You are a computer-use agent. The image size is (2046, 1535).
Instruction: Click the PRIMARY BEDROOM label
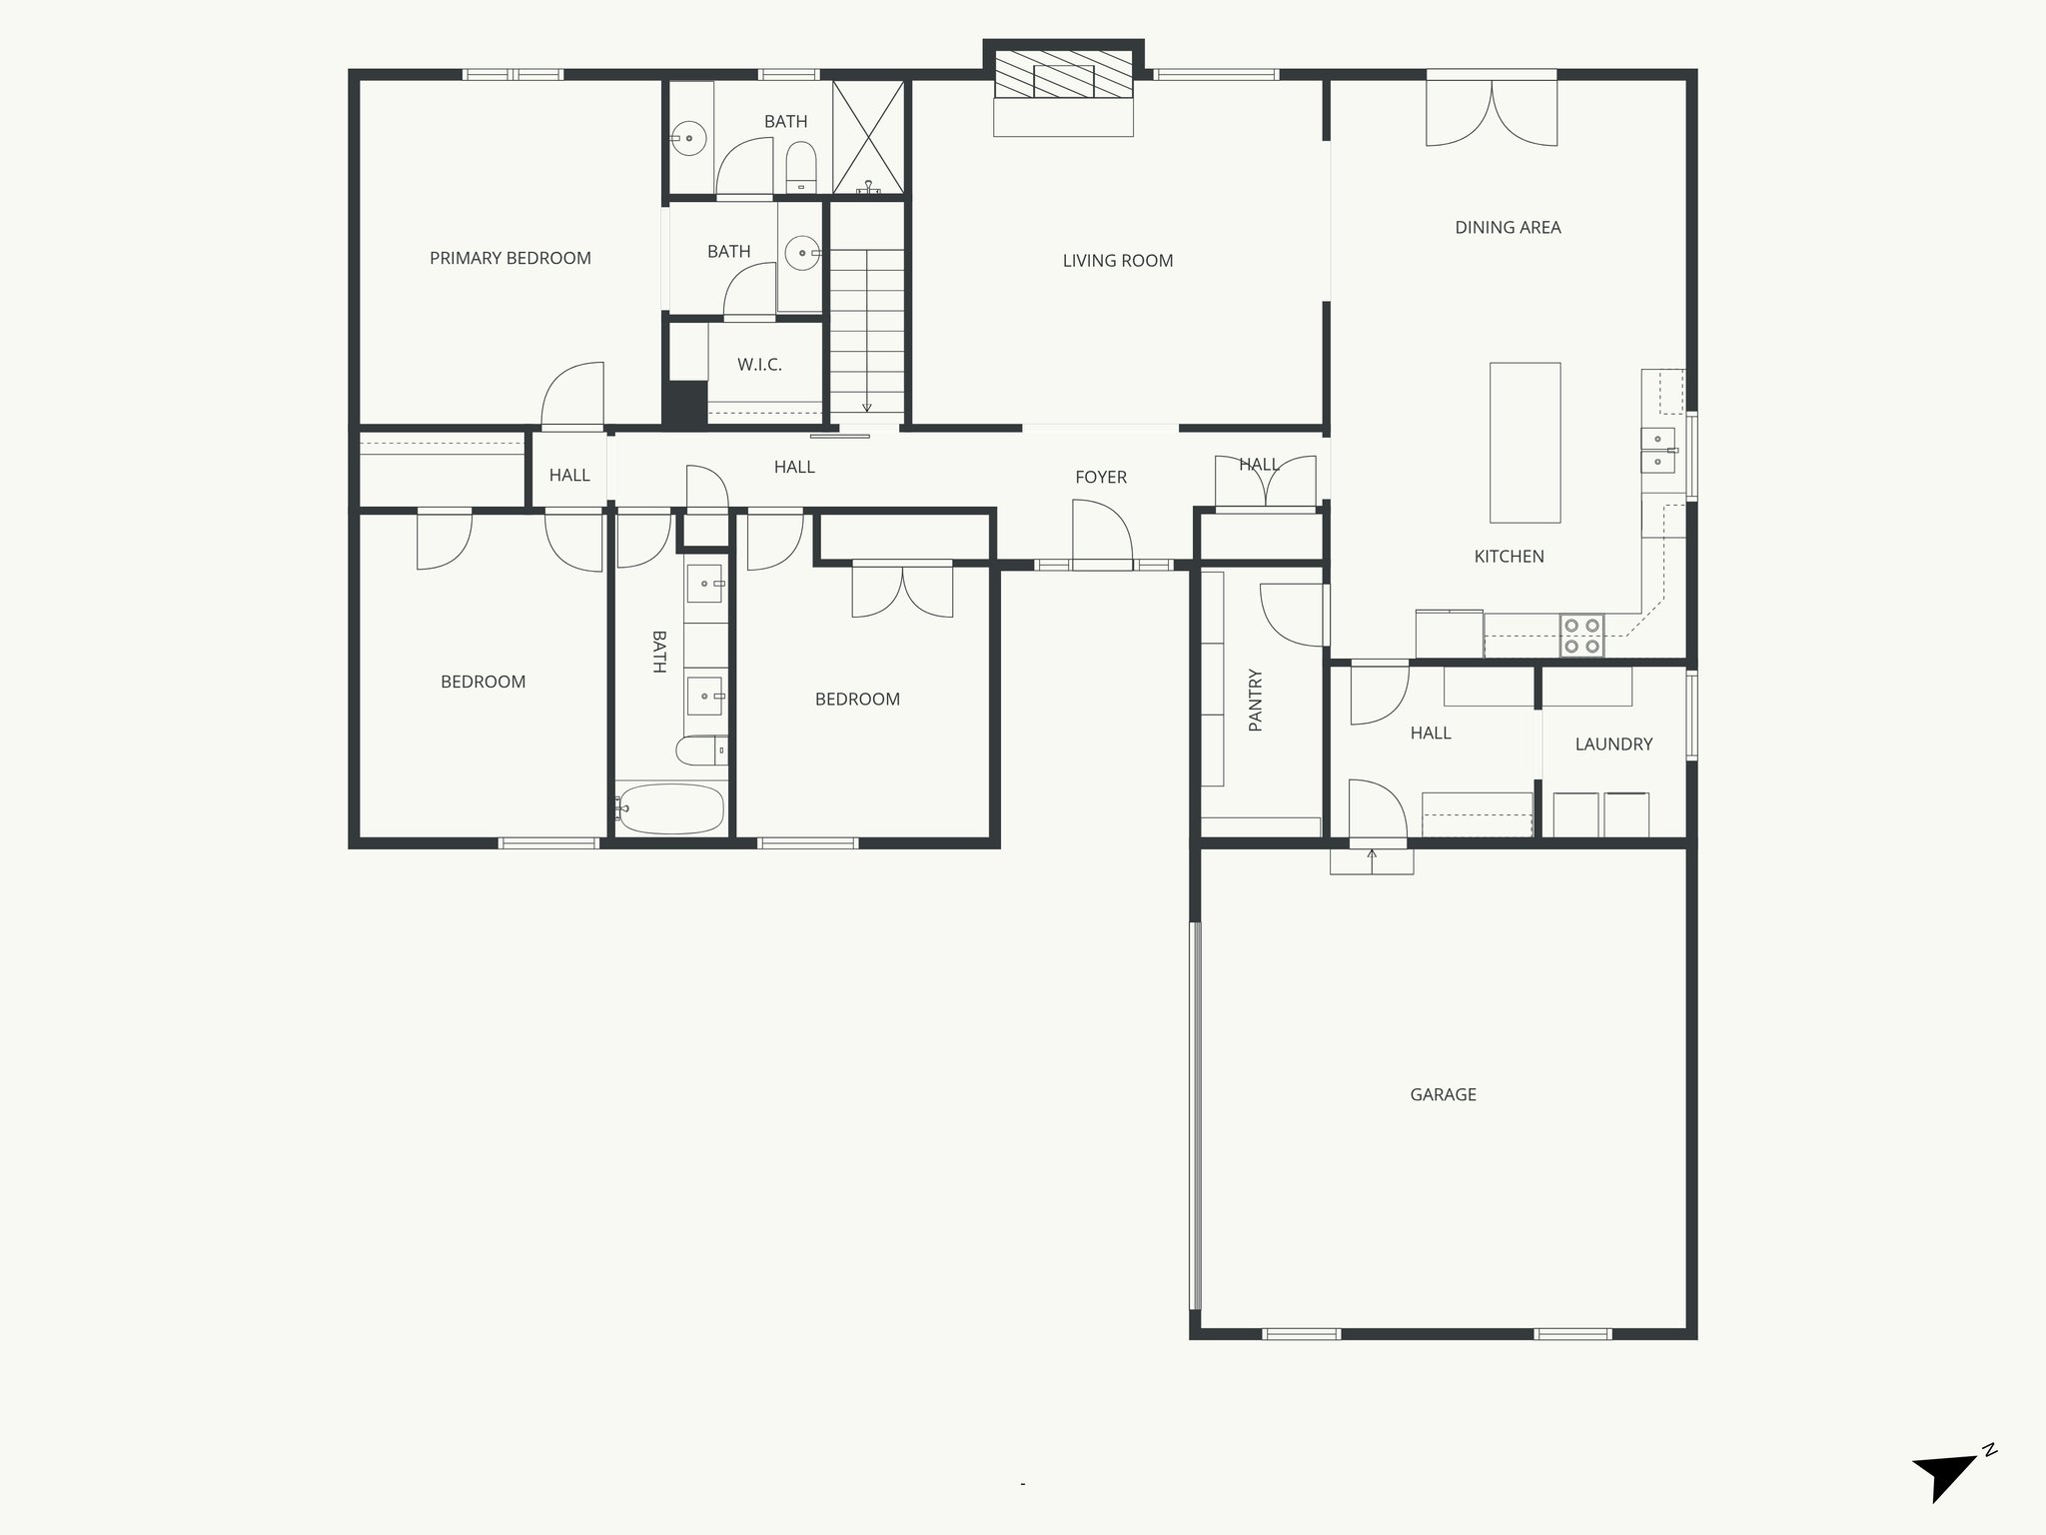510,258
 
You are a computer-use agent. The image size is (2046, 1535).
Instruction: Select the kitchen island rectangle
1525,442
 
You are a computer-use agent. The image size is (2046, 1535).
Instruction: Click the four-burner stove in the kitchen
1581,636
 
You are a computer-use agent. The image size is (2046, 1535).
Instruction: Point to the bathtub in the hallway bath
670,808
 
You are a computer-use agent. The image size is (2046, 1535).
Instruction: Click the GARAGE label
1443,1094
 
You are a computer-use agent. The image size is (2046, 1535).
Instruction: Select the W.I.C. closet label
759,365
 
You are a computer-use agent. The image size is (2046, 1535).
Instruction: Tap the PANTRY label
1256,700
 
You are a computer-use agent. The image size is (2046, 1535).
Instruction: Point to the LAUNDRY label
1613,744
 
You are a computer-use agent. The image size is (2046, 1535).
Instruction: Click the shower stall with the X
868,137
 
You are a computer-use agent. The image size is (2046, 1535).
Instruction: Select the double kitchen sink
1657,450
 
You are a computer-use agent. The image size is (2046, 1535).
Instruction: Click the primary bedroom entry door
573,396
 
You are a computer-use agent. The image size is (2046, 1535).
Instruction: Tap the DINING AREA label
1508,227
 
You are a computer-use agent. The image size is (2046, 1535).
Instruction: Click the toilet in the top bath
801,166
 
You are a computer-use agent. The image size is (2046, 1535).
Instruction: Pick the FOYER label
1101,477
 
